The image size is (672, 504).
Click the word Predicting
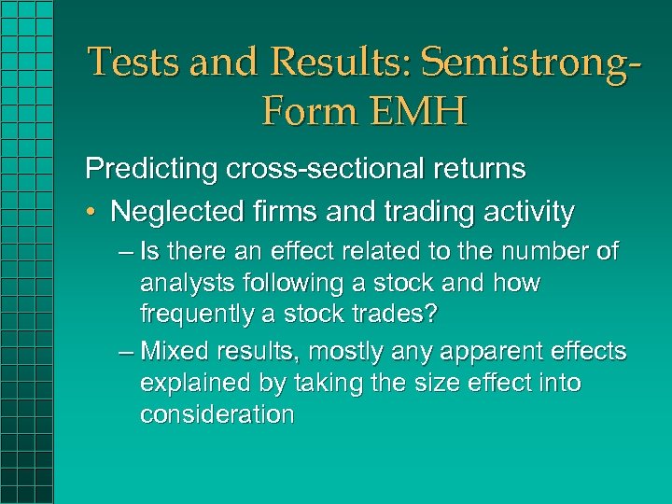coord(149,169)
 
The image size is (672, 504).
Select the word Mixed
coord(175,352)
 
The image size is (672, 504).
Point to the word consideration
coord(217,414)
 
